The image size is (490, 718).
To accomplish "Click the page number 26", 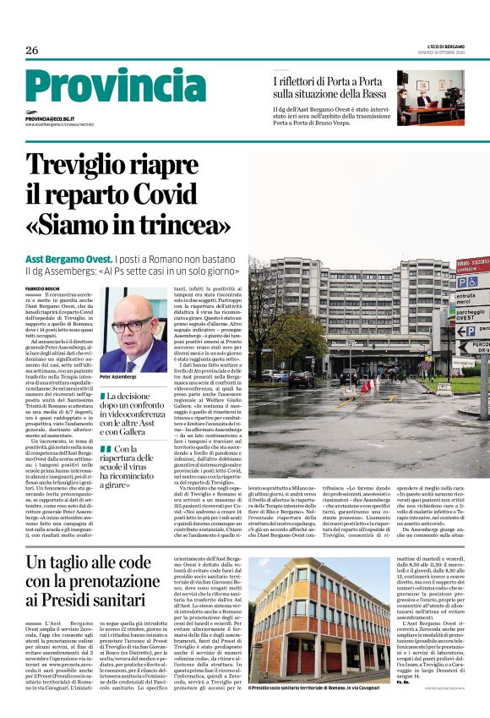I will (x=32, y=50).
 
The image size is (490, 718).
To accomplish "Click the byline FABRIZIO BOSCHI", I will (x=44, y=288).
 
